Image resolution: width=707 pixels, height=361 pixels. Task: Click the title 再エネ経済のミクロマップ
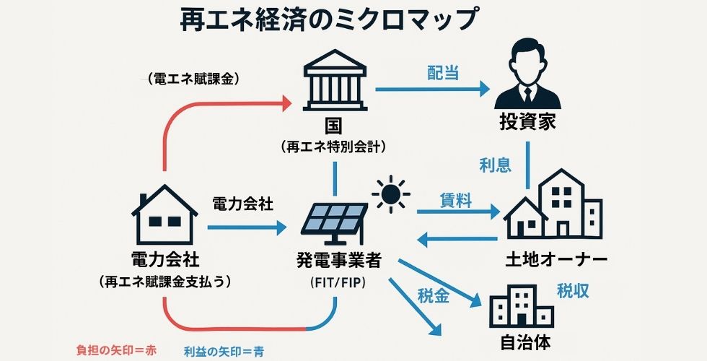(x=328, y=19)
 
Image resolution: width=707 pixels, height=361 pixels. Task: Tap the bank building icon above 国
(x=334, y=81)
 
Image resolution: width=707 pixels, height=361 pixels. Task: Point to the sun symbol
(x=392, y=193)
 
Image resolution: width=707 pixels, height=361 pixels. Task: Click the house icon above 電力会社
(x=165, y=214)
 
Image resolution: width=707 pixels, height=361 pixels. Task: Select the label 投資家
(x=528, y=121)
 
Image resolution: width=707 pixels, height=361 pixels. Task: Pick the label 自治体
(x=521, y=340)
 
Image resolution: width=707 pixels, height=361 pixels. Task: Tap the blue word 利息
(x=496, y=165)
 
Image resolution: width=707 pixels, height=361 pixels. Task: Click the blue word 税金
(x=434, y=295)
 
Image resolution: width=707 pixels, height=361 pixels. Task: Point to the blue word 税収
(x=574, y=291)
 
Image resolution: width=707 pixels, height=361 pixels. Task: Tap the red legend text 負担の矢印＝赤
(x=116, y=350)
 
